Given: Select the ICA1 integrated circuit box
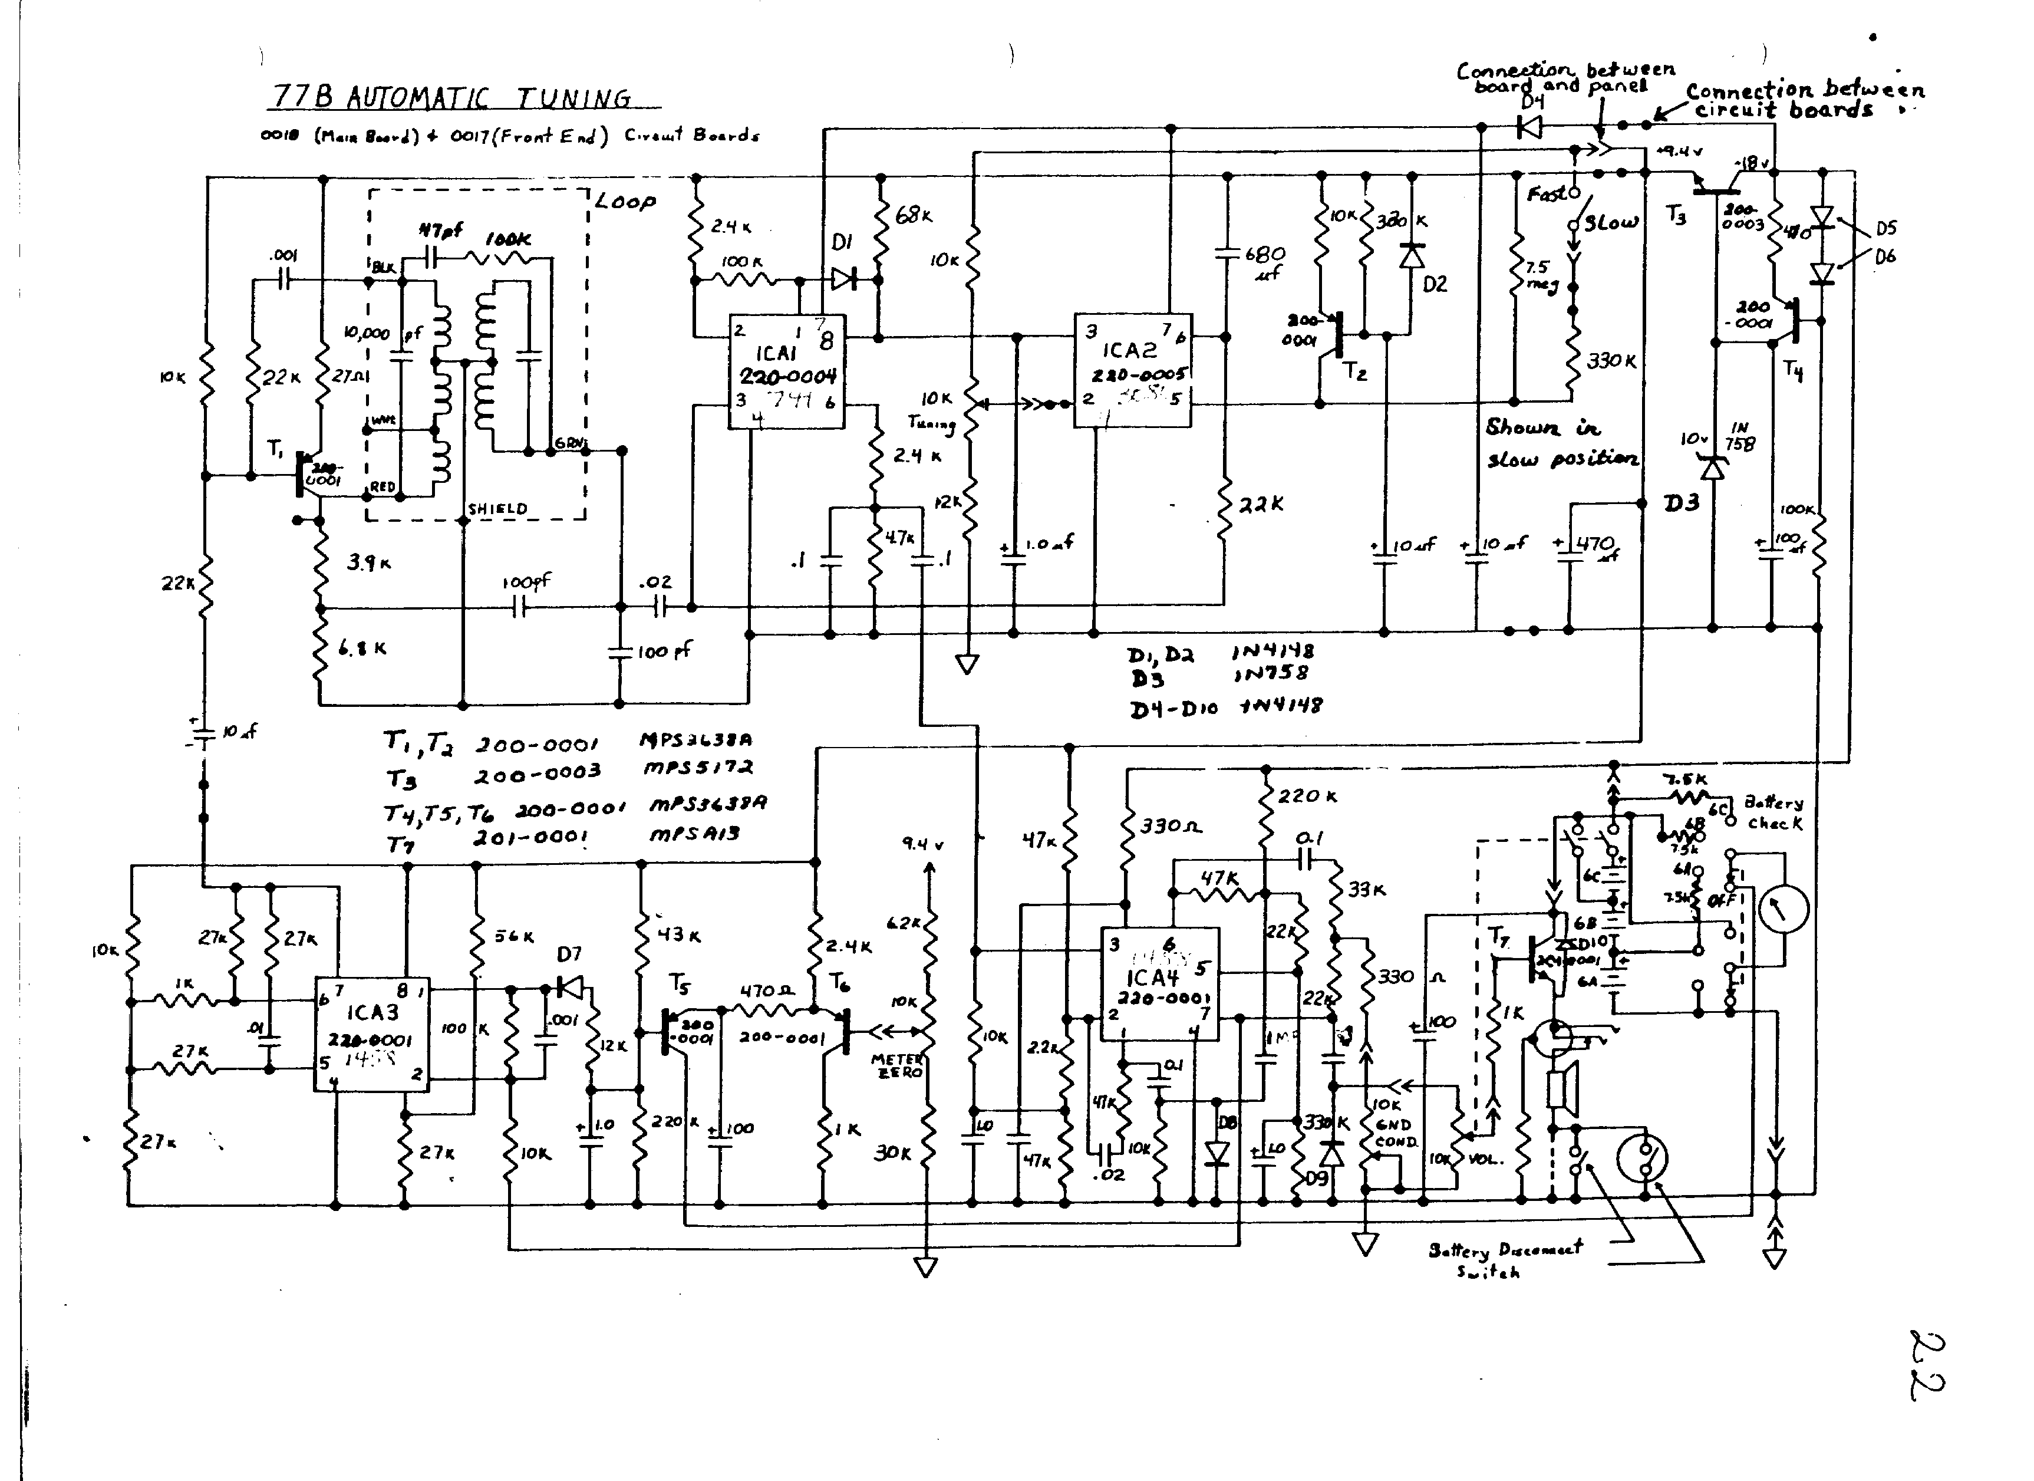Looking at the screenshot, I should tap(786, 371).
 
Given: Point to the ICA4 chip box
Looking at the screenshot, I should tap(1159, 984).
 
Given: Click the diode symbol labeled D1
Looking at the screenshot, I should tap(843, 279).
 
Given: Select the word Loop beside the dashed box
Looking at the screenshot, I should tap(625, 202).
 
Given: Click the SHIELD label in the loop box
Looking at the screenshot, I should tap(497, 509).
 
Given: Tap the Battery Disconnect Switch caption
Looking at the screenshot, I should tap(1505, 1259).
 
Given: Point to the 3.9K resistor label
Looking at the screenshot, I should tap(368, 564).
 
